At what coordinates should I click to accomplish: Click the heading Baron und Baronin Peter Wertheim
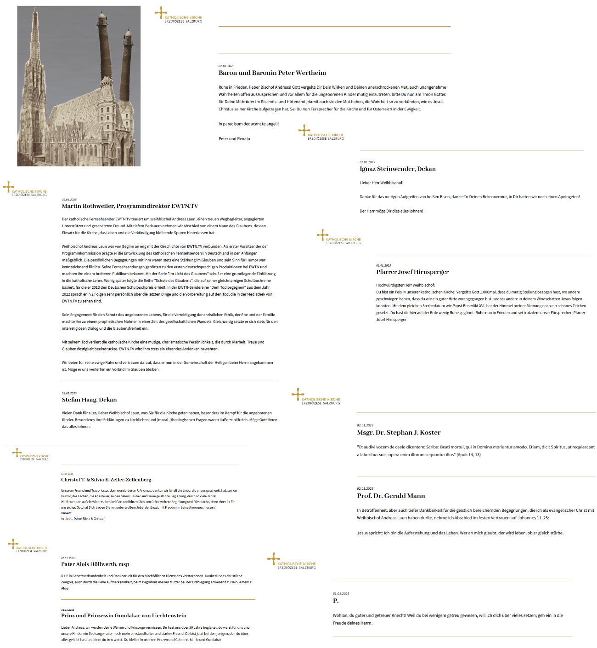tap(272, 73)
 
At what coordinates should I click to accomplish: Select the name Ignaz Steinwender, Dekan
tap(397, 169)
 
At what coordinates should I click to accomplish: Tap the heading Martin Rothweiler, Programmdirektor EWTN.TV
tap(130, 206)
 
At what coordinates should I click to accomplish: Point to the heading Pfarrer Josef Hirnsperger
tap(412, 272)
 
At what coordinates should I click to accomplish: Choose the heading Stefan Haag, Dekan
tap(89, 400)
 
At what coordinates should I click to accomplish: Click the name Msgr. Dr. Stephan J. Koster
tap(398, 432)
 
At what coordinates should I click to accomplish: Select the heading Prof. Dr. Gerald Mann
tap(390, 496)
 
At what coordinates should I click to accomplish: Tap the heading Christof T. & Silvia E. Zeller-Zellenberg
tap(106, 480)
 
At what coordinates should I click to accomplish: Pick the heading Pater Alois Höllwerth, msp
tap(95, 564)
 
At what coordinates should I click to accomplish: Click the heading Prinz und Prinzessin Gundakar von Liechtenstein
tap(124, 615)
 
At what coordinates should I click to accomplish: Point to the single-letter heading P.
tap(335, 601)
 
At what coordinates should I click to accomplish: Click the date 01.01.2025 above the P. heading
tap(341, 594)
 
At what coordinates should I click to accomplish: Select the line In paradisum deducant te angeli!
tap(248, 124)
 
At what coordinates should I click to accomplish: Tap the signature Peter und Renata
tap(234, 138)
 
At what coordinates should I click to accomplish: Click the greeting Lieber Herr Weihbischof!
tap(381, 183)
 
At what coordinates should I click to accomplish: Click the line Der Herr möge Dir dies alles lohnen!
tap(391, 211)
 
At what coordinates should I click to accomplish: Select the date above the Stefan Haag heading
tap(69, 393)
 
